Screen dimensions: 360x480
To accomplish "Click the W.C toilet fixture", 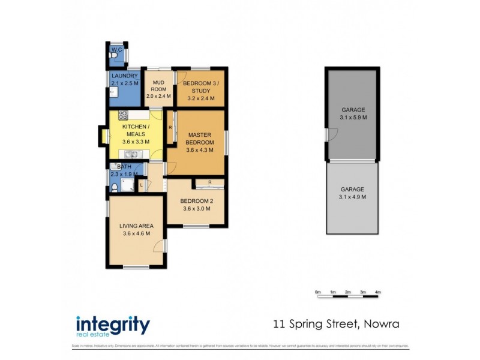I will point(114,55).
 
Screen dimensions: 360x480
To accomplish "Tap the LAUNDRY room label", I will point(125,76).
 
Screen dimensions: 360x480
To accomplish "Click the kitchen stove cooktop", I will point(123,115).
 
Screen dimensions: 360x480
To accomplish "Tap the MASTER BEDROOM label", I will point(200,139).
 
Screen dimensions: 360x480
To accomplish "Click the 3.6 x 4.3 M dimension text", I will point(200,150).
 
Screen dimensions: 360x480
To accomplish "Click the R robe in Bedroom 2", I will point(209,182).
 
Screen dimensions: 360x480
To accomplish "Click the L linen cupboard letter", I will point(141,186).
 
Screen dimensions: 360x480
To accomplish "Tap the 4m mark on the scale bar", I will point(378,292).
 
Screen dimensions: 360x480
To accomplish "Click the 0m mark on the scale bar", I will point(318,292).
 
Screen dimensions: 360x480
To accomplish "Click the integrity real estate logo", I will point(112,326).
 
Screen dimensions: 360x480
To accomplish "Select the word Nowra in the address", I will point(380,325).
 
